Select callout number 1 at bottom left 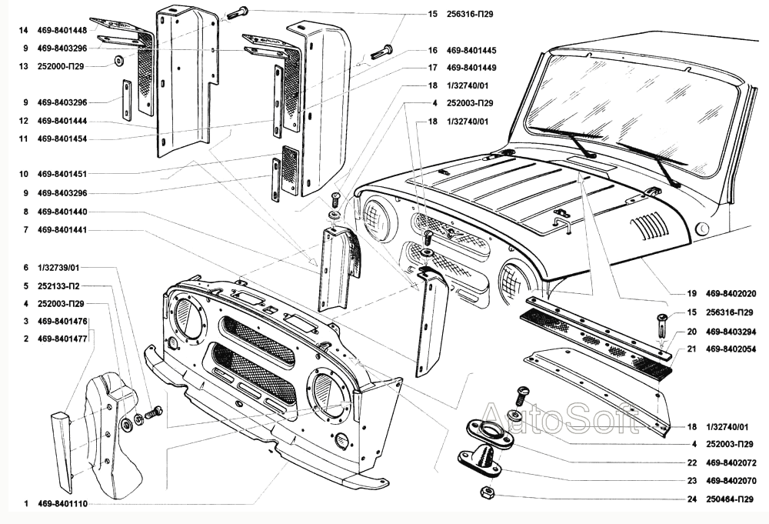point(25,504)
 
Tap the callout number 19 point(691,293)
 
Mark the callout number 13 point(25,66)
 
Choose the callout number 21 point(691,349)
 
